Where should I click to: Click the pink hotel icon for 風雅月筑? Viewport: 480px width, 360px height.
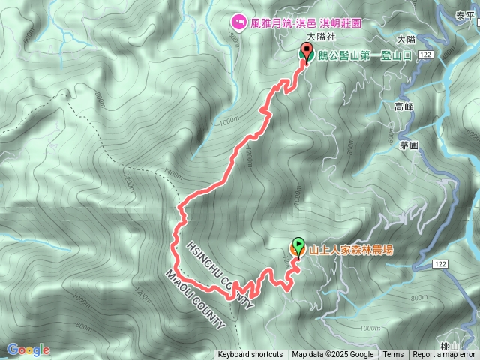238,22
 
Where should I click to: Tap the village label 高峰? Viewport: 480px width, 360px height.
404,107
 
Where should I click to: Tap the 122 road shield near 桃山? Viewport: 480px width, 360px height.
441,264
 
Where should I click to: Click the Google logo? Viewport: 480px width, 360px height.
28,349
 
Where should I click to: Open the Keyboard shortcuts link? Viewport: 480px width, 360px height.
250,355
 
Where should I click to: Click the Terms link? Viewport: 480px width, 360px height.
393,355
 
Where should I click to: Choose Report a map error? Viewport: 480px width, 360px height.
444,355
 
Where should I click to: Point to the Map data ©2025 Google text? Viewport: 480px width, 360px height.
332,355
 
